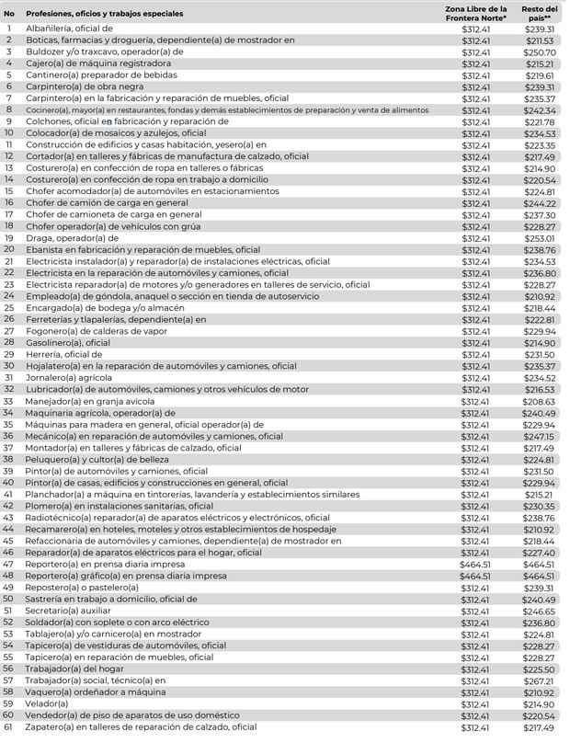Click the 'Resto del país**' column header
(x=539, y=13)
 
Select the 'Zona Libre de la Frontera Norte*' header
(x=475, y=13)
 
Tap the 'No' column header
(x=9, y=14)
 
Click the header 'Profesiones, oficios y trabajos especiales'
(x=105, y=14)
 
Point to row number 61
(x=9, y=727)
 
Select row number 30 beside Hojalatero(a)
(x=9, y=366)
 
